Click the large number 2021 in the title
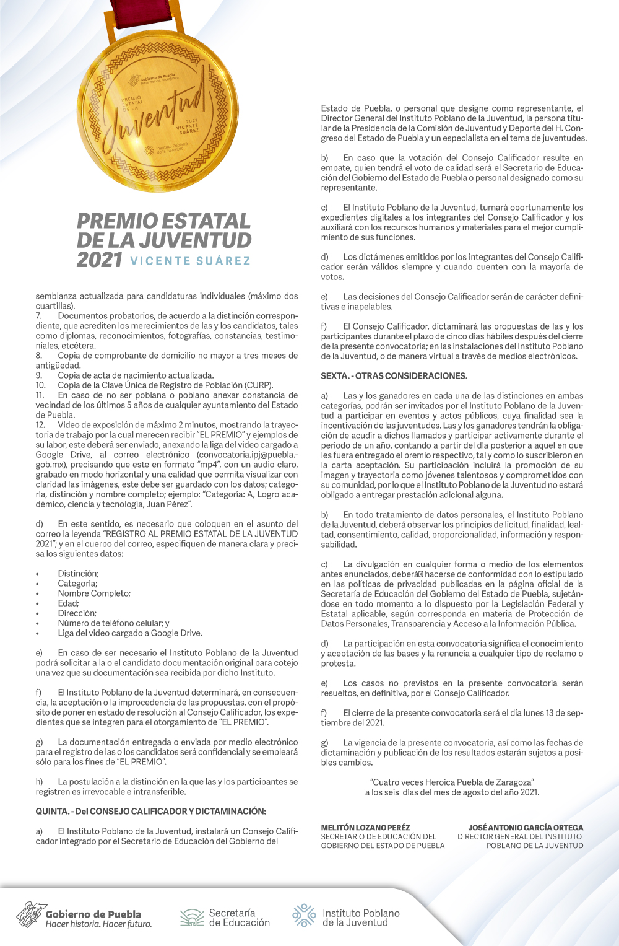point(99,260)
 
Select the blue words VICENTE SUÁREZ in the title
point(191,261)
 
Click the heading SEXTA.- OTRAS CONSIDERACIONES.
point(394,375)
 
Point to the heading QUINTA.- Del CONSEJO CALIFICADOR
point(150,811)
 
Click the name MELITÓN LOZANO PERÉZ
point(365,827)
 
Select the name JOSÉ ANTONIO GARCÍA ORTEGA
point(526,827)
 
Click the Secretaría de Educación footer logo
point(225,918)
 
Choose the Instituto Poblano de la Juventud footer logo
point(346,918)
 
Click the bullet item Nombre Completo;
point(94,593)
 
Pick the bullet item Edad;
point(68,603)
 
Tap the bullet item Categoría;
point(77,583)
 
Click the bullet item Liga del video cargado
point(130,633)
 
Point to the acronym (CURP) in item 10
point(259,385)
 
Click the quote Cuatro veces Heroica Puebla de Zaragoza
point(452,782)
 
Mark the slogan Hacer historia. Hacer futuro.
point(98,924)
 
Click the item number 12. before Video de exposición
point(40,424)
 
